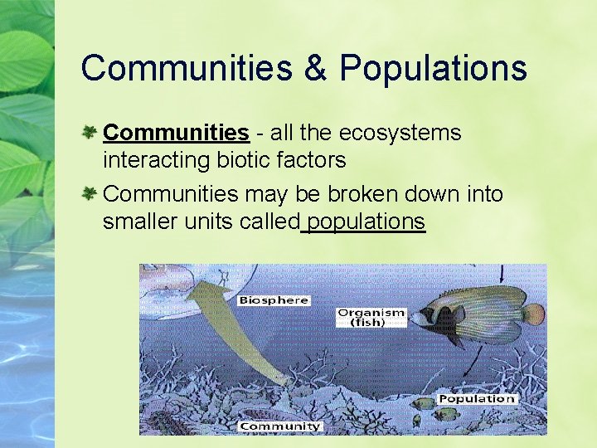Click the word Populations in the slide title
click(433, 68)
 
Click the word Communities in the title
click(186, 68)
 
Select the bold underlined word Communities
click(176, 133)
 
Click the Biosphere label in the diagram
click(274, 299)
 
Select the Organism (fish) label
click(371, 317)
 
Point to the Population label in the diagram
click(476, 399)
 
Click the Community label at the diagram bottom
click(279, 426)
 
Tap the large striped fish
click(477, 314)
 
